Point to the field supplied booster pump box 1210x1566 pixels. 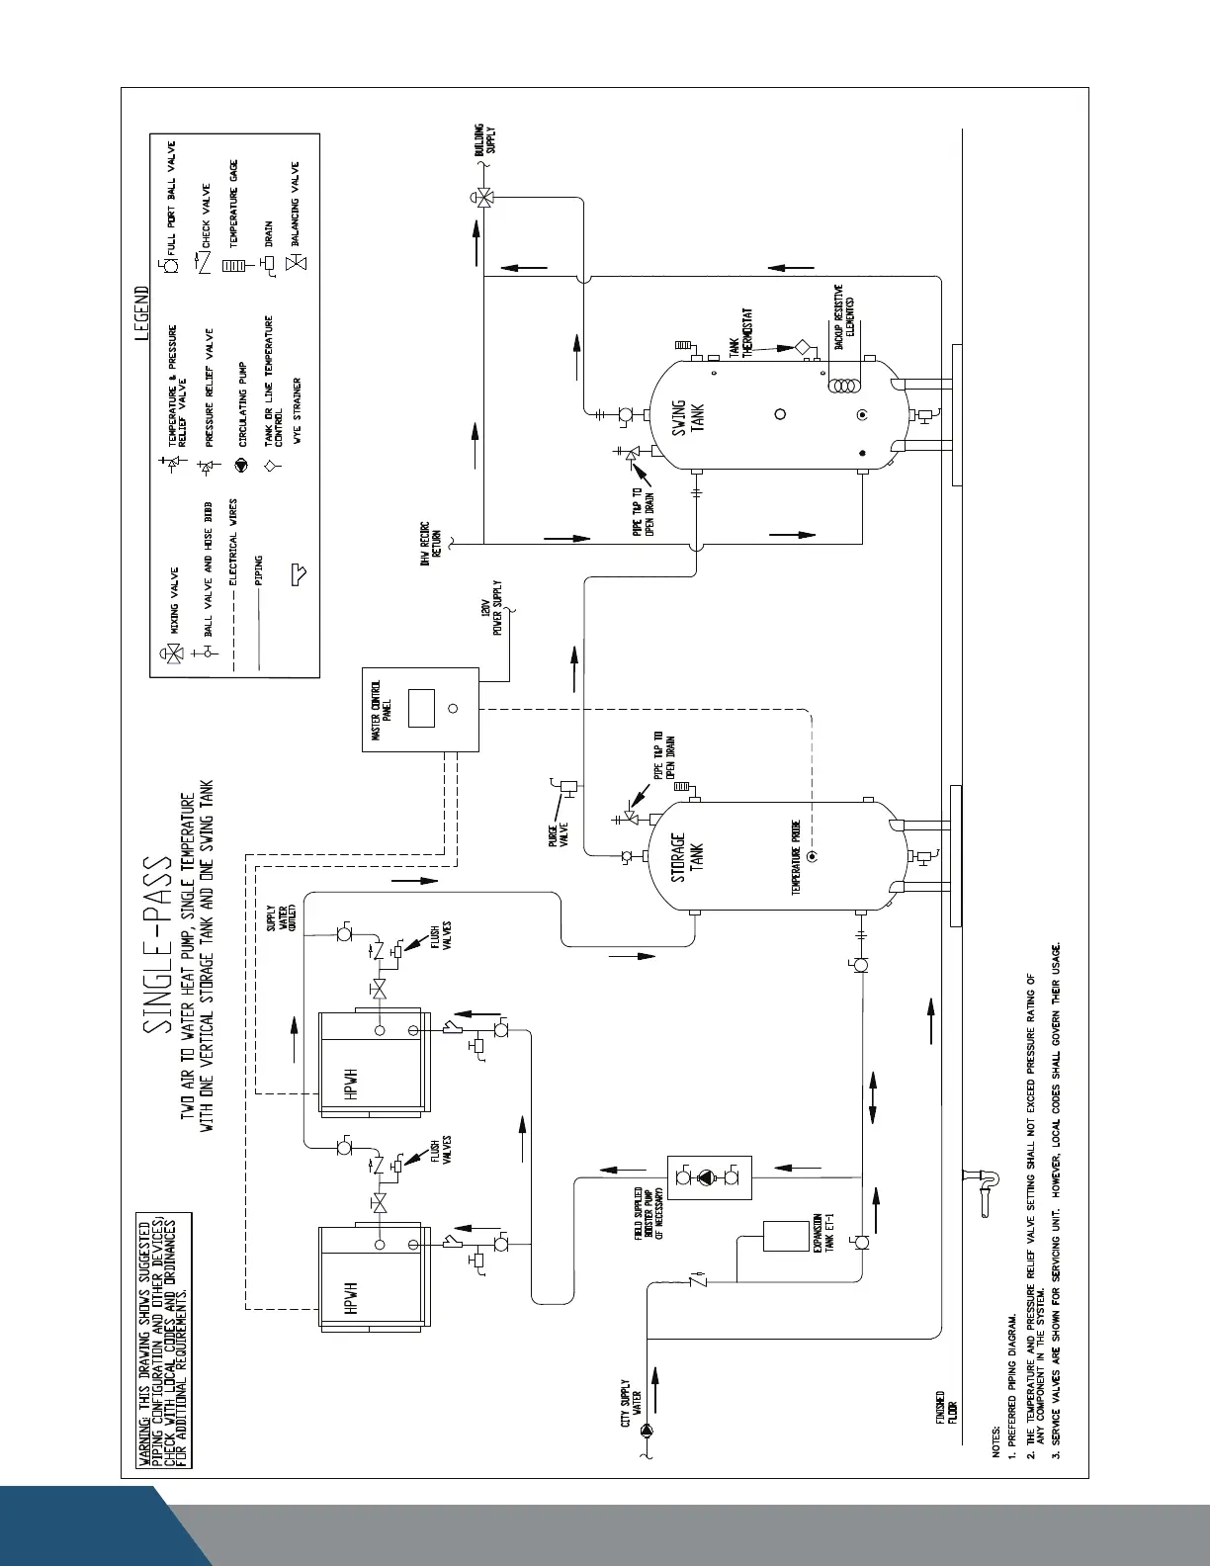click(x=709, y=1178)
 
